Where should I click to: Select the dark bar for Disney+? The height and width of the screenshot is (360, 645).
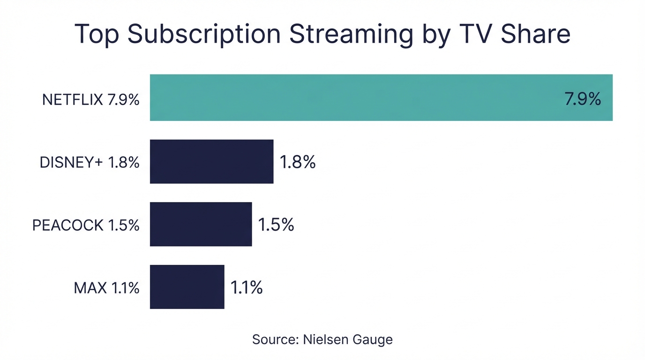[x=211, y=161]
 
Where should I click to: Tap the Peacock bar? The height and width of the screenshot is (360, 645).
[x=201, y=224]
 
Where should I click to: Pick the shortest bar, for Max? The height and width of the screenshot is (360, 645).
[x=187, y=287]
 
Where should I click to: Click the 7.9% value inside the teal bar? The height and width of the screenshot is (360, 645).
[x=583, y=99]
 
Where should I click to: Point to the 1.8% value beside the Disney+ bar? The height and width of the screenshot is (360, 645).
[x=298, y=162]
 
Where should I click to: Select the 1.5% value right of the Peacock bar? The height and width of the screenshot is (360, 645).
[x=276, y=225]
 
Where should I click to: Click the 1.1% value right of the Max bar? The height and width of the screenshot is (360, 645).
[x=247, y=287]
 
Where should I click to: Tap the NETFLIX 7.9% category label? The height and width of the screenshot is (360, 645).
[x=90, y=99]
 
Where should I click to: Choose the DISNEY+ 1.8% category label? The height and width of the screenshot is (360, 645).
[x=90, y=162]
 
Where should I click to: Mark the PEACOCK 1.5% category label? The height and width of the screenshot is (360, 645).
[x=86, y=225]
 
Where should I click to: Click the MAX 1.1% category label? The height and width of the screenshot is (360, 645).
[x=106, y=288]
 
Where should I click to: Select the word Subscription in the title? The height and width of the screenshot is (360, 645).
[x=204, y=35]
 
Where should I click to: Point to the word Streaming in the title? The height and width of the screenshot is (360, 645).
[x=352, y=35]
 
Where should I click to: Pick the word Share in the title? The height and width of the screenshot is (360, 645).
[x=535, y=34]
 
